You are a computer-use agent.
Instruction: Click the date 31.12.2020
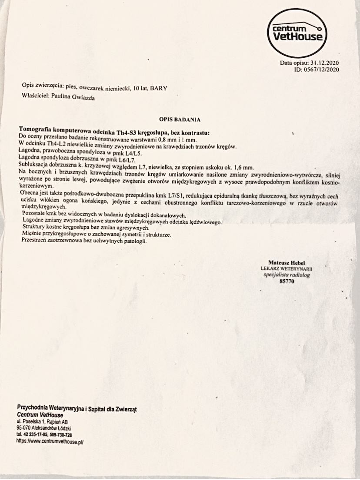pyautogui.click(x=323, y=63)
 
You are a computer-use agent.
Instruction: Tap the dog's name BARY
pyautogui.click(x=159, y=88)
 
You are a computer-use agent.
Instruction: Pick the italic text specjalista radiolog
pyautogui.click(x=287, y=275)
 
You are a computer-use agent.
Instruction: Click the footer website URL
pyautogui.click(x=49, y=441)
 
